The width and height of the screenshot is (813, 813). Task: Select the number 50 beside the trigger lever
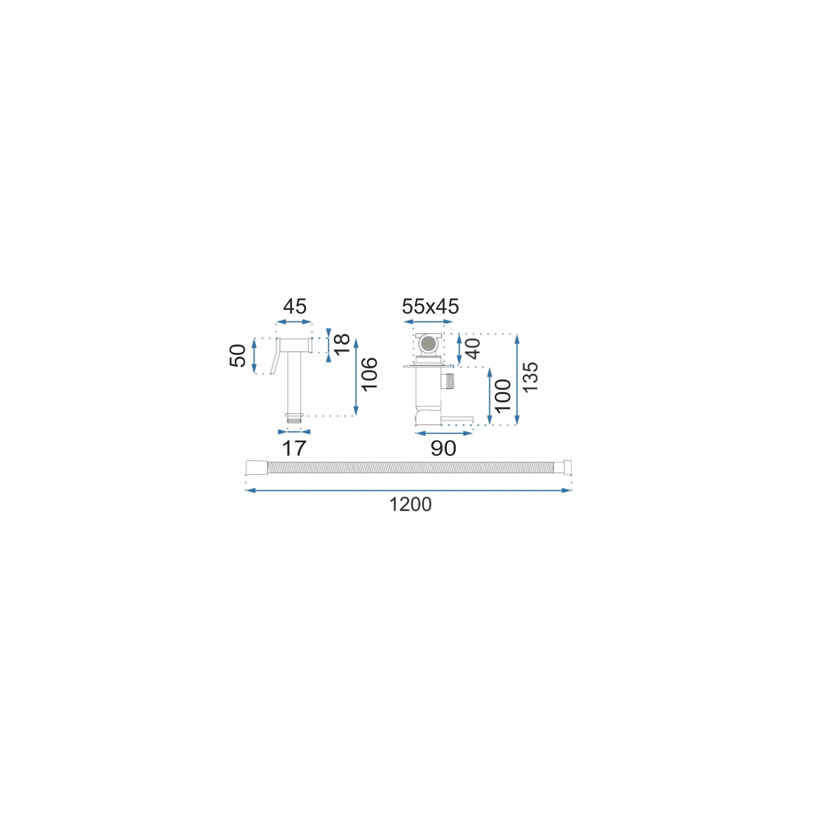tap(238, 356)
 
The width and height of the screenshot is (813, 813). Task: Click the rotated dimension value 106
tap(369, 374)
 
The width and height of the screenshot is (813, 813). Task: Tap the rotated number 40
tap(473, 349)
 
